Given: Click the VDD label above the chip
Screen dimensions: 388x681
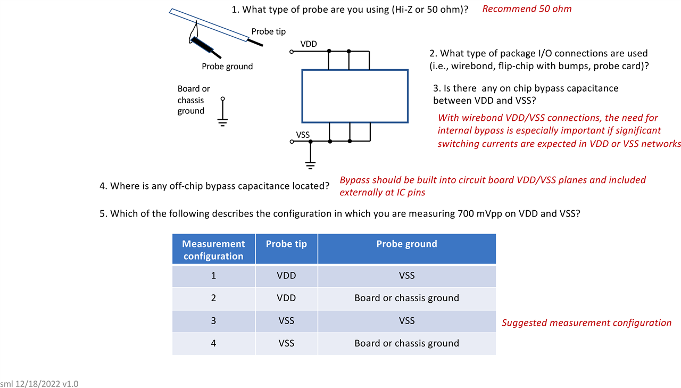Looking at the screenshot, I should click(x=309, y=44).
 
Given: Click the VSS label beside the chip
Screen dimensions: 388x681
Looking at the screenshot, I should click(x=303, y=135).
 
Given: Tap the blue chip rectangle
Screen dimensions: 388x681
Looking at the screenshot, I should click(x=355, y=96).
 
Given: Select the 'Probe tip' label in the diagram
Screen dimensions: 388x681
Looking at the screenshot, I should click(x=268, y=31).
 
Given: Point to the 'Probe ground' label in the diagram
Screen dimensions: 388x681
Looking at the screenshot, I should click(x=227, y=67).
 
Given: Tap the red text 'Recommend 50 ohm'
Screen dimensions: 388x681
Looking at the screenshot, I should click(x=527, y=9).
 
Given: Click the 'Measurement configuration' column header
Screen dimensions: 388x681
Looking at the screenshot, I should click(x=213, y=250).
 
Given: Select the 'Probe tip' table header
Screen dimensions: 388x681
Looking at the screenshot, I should click(x=286, y=244).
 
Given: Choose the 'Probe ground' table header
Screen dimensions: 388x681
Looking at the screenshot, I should click(x=406, y=244).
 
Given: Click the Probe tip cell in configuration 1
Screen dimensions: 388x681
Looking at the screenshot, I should click(x=286, y=276).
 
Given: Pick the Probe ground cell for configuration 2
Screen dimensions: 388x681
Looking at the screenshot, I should click(x=406, y=298).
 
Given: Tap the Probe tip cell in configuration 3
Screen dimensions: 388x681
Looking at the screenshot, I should click(x=286, y=320).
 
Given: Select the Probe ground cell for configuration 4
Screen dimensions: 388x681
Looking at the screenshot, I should click(x=406, y=343).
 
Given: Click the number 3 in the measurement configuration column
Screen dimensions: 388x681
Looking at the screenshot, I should click(x=213, y=320).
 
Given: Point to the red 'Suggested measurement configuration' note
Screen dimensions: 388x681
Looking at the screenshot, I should click(x=586, y=323).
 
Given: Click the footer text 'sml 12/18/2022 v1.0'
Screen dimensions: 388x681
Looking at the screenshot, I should click(x=39, y=383).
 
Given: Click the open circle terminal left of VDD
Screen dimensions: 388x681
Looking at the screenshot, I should click(x=291, y=52).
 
